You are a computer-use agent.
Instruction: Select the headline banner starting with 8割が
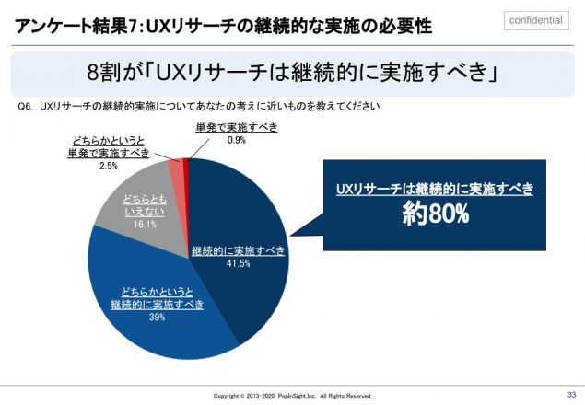click(292, 72)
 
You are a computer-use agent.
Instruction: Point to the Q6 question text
click(198, 106)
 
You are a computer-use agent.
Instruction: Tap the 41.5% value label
click(238, 263)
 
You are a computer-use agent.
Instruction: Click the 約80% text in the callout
click(434, 214)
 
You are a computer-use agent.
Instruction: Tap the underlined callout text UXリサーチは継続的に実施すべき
click(435, 188)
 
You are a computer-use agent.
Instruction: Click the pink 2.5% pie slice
click(176, 167)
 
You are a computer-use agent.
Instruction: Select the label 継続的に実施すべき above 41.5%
click(238, 250)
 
